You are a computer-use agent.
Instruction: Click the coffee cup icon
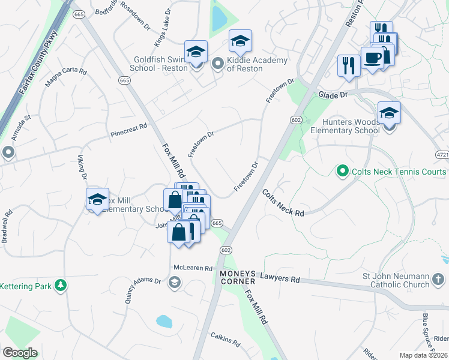pos(372,58)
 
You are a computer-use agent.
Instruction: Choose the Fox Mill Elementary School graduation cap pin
pos(97,200)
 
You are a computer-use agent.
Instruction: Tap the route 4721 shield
pos(442,155)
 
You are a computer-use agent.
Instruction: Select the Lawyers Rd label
pos(280,278)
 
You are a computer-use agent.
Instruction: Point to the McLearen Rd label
pos(193,268)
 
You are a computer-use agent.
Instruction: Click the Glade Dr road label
pos(334,95)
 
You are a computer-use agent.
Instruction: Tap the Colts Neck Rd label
pos(283,202)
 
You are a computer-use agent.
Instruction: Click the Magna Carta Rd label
pos(65,80)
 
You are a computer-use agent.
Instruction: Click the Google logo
pos(20,353)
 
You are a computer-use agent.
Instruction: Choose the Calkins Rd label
pos(225,340)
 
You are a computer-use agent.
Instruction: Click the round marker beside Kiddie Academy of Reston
pos(217,62)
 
